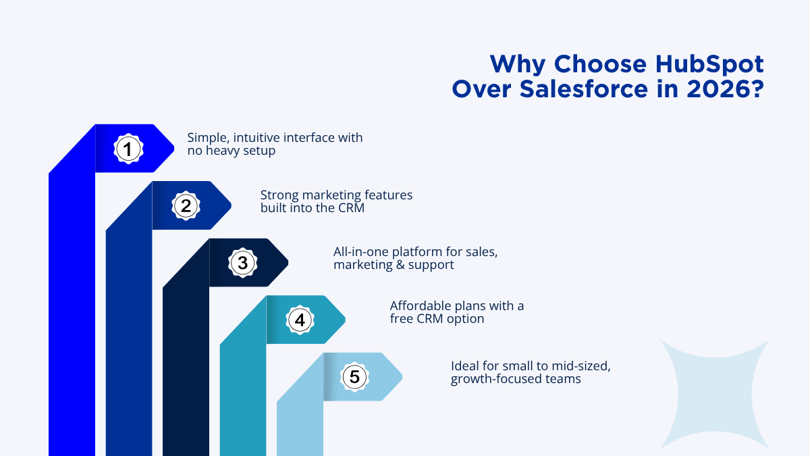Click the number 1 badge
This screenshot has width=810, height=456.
(x=128, y=149)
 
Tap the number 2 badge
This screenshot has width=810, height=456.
(x=186, y=205)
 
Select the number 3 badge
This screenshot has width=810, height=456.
(x=242, y=263)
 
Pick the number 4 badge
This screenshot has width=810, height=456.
(x=300, y=320)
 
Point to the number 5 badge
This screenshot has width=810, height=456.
(x=354, y=377)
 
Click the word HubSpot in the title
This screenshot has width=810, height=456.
(x=709, y=64)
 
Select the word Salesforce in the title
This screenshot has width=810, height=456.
(x=583, y=89)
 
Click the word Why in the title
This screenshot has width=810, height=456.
(x=518, y=65)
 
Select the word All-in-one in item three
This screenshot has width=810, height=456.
(x=361, y=251)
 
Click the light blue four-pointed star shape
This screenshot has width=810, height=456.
(x=715, y=394)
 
